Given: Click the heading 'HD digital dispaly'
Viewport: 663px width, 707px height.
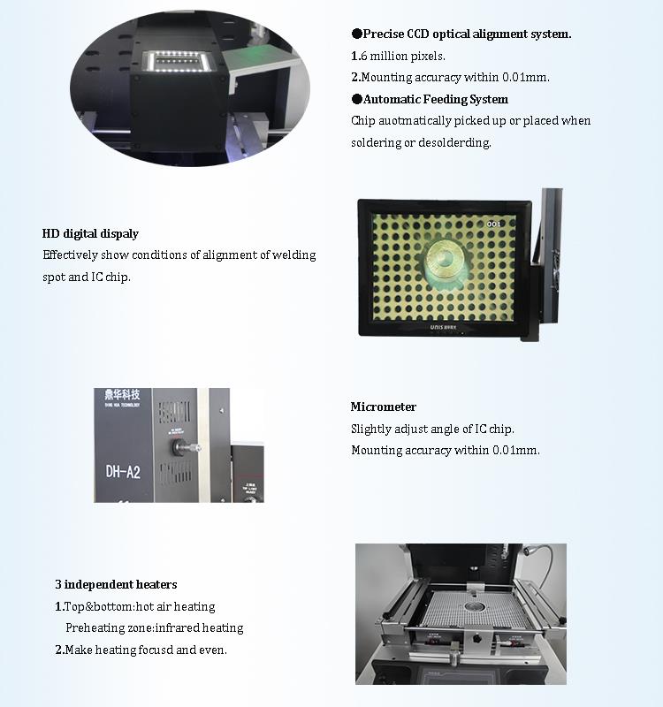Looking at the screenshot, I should click(x=90, y=234).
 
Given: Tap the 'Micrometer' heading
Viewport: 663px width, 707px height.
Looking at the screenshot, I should click(x=383, y=407).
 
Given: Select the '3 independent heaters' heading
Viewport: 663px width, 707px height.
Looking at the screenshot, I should click(x=116, y=585).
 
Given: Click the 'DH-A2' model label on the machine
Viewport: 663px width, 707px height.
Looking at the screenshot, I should click(x=123, y=472).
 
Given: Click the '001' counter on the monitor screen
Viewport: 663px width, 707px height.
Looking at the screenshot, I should click(x=493, y=224).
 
